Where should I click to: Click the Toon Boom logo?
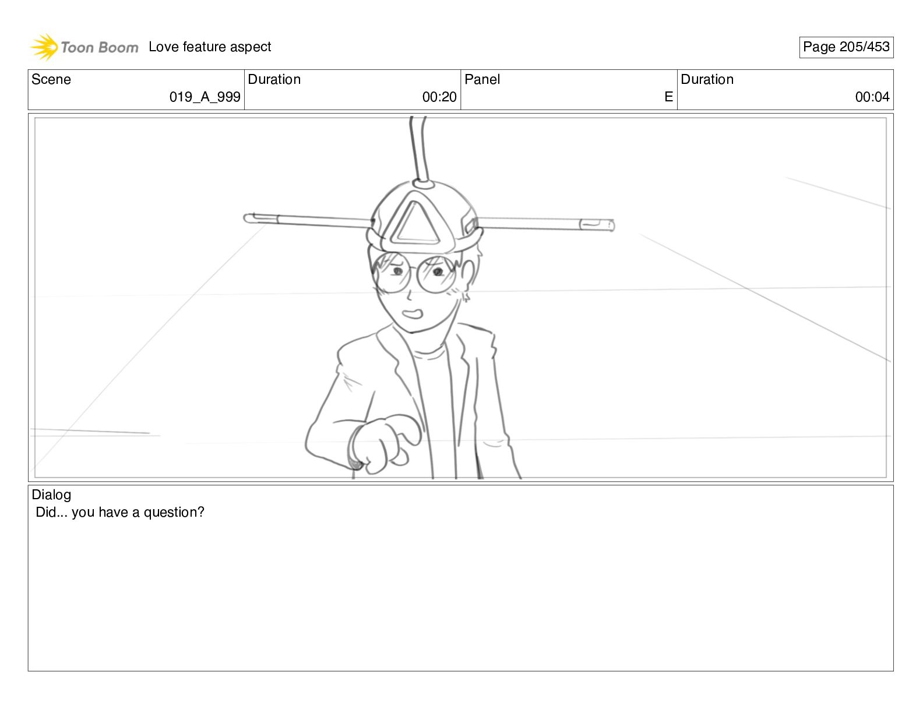84,47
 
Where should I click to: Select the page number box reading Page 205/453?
846,47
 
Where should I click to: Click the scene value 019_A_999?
205,97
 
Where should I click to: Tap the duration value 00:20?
439,97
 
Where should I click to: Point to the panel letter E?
668,97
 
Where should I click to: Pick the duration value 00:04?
872,97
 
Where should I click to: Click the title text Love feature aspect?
210,47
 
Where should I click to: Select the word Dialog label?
51,495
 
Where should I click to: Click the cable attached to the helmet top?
418,149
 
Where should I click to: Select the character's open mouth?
413,314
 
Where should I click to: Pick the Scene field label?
51,80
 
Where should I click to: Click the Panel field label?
482,80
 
